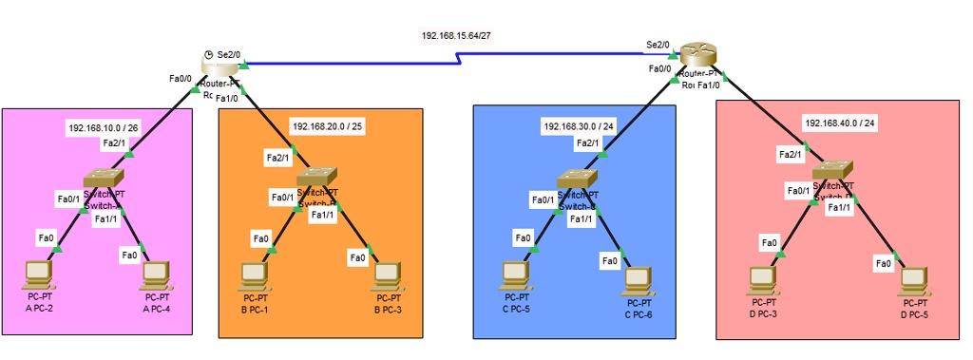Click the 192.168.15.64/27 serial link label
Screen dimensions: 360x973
pyautogui.click(x=463, y=35)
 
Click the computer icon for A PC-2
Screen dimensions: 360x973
pyautogui.click(x=38, y=274)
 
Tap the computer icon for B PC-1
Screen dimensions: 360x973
pyautogui.click(x=253, y=275)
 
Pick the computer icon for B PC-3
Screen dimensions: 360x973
pyautogui.click(x=385, y=275)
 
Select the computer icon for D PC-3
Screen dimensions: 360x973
pyautogui.click(x=763, y=278)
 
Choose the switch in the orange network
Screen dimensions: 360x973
pyautogui.click(x=315, y=178)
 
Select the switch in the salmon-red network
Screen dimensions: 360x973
pyautogui.click(x=831, y=172)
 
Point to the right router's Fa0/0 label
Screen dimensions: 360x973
pyautogui.click(x=660, y=68)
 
